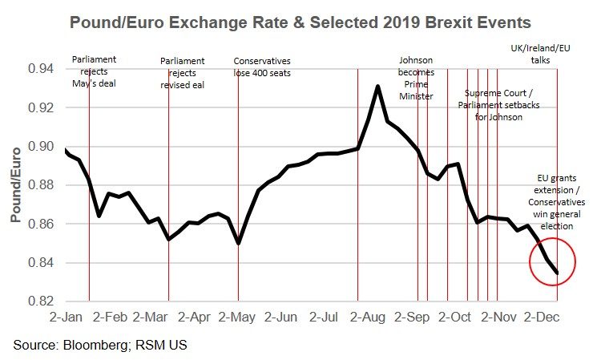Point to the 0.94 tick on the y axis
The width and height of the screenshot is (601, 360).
click(38, 69)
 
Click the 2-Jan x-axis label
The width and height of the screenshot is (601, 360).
click(67, 318)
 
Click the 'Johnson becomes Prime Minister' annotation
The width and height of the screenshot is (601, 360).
click(417, 78)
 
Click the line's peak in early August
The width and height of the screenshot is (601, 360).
click(377, 86)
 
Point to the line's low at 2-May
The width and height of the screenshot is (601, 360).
click(239, 242)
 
